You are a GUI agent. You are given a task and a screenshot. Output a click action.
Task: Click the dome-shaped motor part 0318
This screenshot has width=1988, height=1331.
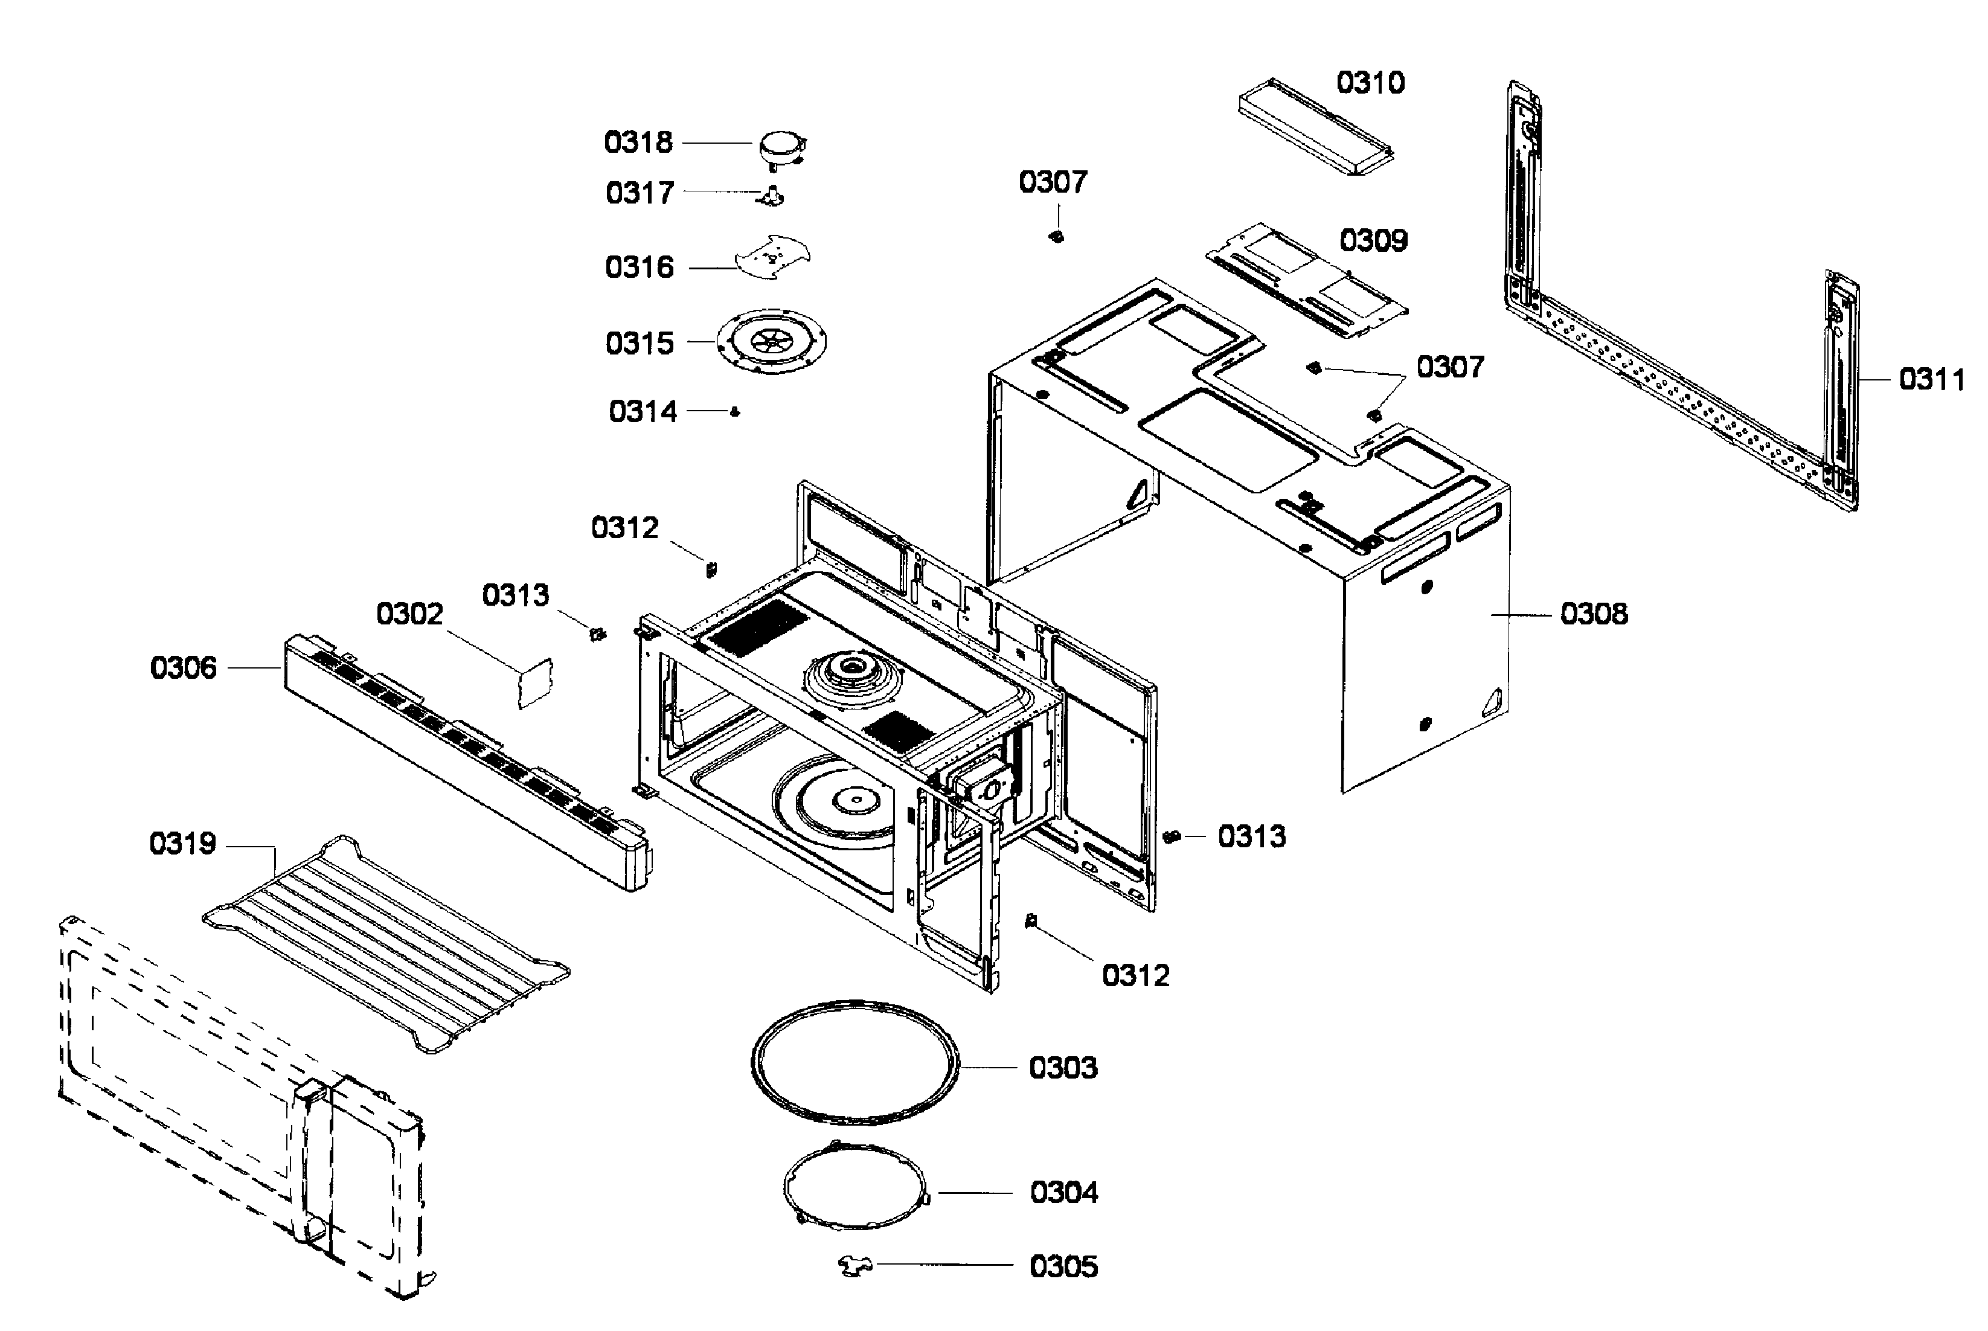click(780, 148)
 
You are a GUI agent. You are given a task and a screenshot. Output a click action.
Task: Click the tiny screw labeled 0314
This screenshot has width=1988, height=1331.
click(735, 412)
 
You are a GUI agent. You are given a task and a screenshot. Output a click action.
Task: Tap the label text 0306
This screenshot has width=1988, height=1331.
click(184, 668)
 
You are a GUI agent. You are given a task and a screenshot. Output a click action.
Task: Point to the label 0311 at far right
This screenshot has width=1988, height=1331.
click(1931, 379)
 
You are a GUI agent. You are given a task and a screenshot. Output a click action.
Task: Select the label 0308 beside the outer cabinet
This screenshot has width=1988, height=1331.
click(1593, 614)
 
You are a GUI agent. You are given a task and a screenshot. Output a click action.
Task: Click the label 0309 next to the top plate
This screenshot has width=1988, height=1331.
click(1373, 241)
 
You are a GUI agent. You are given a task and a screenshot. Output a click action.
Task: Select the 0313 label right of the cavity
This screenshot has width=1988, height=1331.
click(1251, 837)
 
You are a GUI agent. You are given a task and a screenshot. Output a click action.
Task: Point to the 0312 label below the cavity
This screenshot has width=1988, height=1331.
click(1135, 976)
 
